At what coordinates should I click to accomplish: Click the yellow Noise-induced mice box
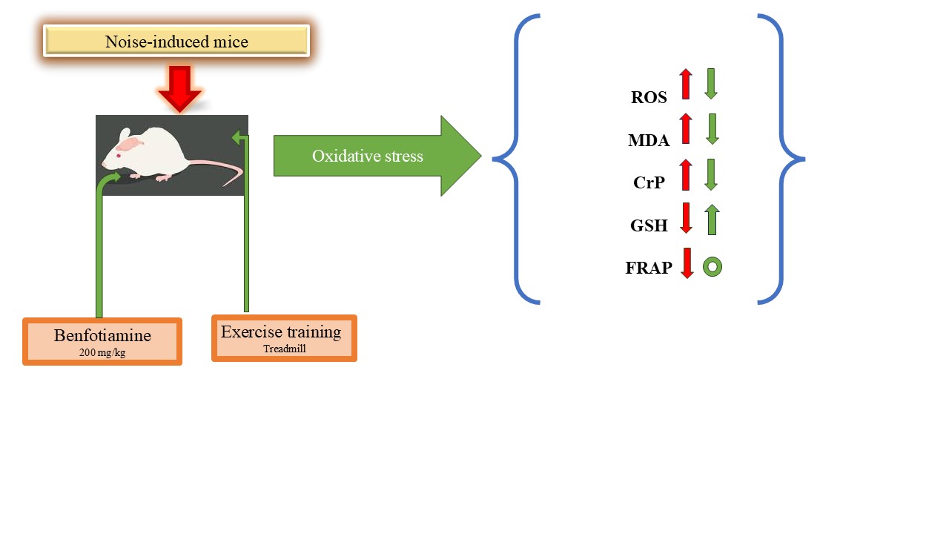pos(176,41)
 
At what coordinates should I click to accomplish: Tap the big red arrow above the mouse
pos(180,89)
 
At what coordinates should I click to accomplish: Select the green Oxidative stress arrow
pos(377,156)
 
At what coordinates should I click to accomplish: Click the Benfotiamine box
pos(102,342)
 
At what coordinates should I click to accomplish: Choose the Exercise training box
pos(284,338)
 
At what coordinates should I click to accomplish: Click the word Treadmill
pos(284,349)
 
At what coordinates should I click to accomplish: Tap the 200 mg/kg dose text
pos(102,352)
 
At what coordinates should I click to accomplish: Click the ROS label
pos(649,97)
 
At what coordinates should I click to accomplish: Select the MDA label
pos(649,140)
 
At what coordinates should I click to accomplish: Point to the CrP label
pos(649,182)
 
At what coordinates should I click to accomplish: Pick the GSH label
pos(649,225)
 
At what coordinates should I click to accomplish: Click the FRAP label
pos(649,268)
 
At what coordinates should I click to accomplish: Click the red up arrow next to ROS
pos(686,84)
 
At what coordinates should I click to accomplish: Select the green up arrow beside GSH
pos(712,220)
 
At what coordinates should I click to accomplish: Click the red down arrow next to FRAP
pos(687,263)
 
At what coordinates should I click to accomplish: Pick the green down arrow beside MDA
pos(712,129)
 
